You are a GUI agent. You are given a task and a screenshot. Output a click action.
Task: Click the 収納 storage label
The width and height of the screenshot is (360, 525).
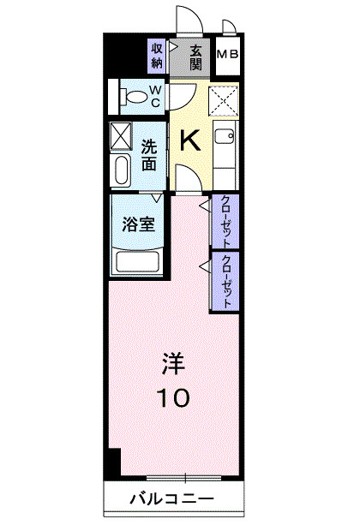click(x=157, y=56)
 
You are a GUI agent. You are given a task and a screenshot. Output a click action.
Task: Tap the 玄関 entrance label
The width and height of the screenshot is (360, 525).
click(x=196, y=56)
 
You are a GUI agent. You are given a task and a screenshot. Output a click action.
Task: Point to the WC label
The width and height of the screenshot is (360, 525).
click(x=156, y=95)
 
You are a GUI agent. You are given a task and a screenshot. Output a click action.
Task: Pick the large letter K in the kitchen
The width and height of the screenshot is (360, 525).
click(x=190, y=140)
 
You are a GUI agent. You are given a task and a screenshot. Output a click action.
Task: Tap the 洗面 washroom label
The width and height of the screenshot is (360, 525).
click(x=150, y=154)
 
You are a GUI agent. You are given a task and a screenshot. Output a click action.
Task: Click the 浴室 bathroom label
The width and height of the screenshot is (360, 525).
click(x=138, y=225)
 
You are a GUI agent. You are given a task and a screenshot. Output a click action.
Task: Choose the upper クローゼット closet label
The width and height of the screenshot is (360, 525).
click(x=225, y=221)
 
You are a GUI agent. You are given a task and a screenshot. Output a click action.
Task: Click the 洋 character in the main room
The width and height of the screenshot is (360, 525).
click(x=173, y=365)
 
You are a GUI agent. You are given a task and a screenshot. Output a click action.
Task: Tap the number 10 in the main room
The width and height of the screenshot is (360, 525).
click(x=173, y=397)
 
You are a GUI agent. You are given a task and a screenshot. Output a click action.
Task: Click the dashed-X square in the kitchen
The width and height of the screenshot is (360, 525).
click(x=225, y=102)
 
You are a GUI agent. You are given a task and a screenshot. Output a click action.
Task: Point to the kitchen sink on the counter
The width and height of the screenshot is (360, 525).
click(x=225, y=137)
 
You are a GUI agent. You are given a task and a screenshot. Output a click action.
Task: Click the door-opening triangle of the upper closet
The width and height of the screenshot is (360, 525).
click(x=205, y=208)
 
